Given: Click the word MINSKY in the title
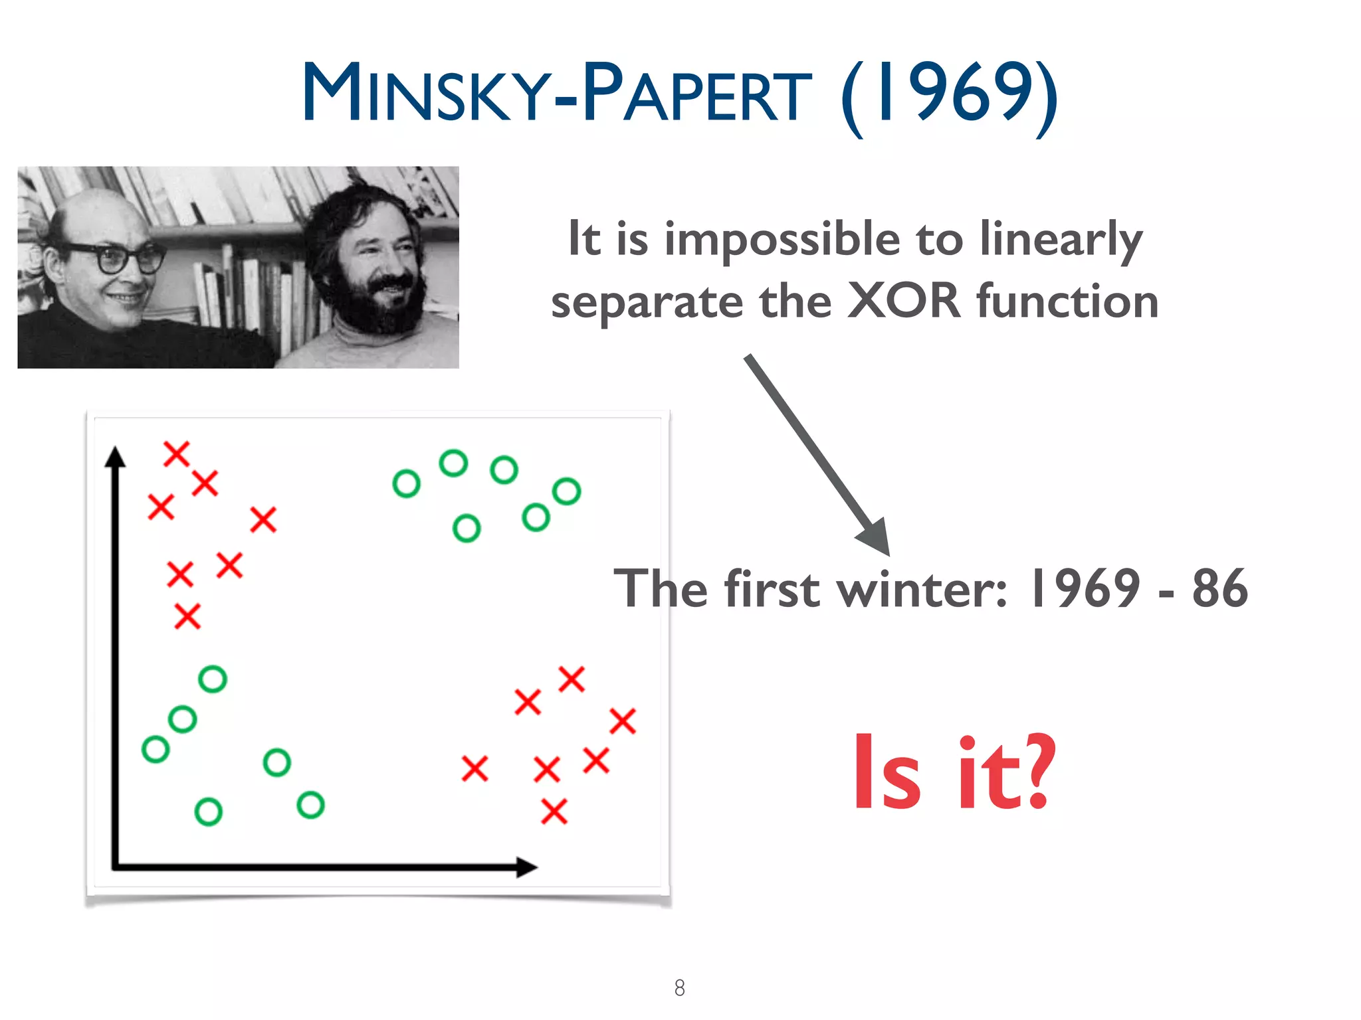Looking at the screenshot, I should tap(425, 93).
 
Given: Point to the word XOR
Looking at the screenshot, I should tap(904, 301).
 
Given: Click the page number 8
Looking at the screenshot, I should tap(679, 987).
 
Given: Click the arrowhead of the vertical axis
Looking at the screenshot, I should tap(116, 457).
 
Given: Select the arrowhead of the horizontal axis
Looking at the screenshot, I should tap(526, 867).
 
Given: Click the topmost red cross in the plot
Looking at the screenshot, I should tap(177, 454).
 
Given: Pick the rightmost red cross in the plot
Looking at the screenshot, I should tap(623, 721).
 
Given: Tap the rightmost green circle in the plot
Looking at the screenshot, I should tap(566, 491).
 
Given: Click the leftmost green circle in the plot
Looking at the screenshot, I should tap(156, 749).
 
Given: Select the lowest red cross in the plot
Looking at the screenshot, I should tap(554, 811).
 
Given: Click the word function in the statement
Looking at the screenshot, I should tap(1067, 301).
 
